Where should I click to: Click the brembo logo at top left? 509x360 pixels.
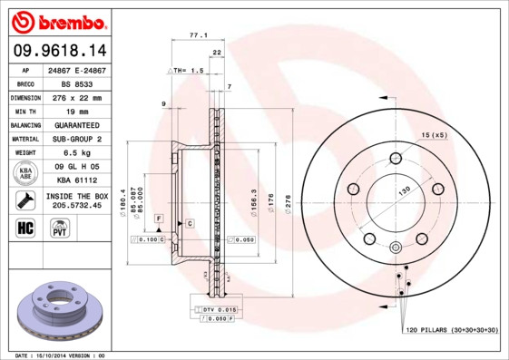click(58, 20)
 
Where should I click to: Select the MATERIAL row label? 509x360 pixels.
click(24, 139)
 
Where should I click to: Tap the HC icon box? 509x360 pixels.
click(25, 227)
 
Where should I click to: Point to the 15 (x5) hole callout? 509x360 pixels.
click(434, 135)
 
